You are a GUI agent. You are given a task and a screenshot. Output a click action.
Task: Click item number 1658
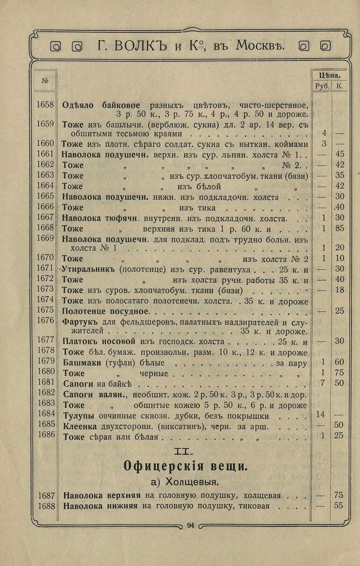tap(45, 105)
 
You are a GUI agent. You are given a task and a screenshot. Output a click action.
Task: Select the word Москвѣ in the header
tap(260, 46)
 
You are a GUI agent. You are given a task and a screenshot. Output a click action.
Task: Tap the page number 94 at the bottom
tap(190, 525)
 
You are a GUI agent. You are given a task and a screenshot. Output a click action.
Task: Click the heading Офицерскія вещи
tap(185, 466)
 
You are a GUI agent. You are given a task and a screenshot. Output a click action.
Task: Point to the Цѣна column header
tap(329, 74)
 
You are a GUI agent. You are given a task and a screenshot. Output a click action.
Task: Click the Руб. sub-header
tap(322, 86)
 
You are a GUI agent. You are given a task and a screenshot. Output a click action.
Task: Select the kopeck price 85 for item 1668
tap(339, 229)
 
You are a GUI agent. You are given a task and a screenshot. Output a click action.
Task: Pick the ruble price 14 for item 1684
tap(320, 415)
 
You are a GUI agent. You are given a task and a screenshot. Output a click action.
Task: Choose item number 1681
tap(45, 383)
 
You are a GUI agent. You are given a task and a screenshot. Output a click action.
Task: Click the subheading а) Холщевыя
tap(185, 481)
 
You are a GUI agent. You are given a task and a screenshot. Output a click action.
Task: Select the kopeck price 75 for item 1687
tap(339, 495)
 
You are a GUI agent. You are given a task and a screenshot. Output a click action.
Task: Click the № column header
tap(45, 80)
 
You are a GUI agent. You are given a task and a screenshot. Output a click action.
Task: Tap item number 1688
tap(45, 506)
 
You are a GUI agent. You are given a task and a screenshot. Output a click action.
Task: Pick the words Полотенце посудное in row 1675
tap(105, 311)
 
